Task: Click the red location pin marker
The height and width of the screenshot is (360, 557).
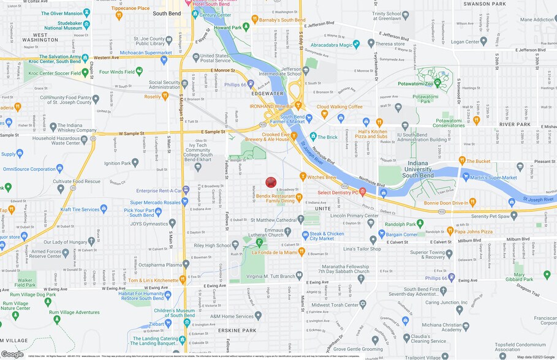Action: point(271,182)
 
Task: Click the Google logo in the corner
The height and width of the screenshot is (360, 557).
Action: point(12,354)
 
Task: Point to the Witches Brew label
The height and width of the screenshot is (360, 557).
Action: point(322,177)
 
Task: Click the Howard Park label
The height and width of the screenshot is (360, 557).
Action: point(228,28)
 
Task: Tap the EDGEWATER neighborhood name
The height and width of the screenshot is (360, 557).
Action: point(267,93)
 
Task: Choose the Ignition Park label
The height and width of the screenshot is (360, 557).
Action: point(117,163)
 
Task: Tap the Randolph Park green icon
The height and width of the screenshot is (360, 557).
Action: point(420,223)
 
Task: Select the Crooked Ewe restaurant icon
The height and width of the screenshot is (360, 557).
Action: point(294,136)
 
